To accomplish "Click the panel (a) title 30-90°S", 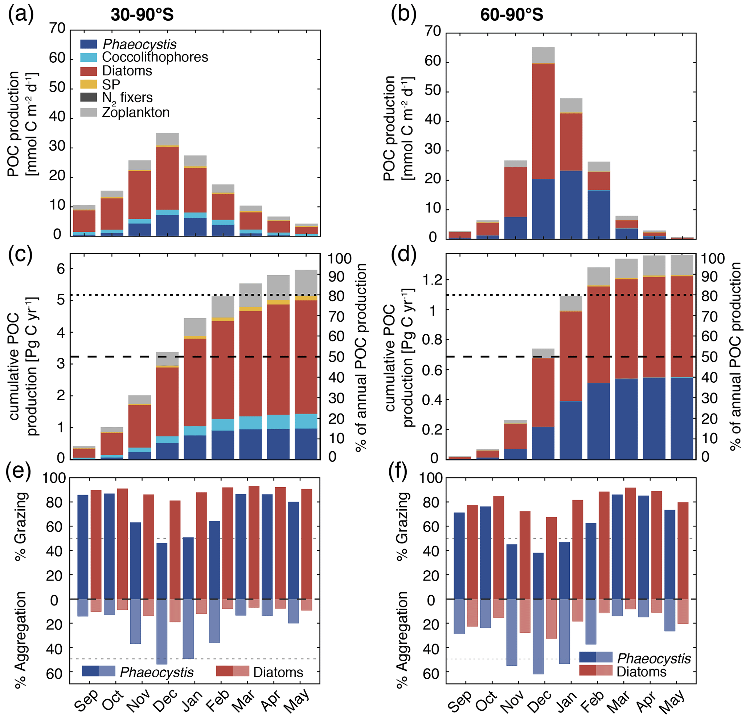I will click(142, 15).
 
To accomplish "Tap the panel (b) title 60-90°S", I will click(511, 15).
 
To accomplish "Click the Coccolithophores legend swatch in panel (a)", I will click(89, 57).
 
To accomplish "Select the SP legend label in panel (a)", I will click(111, 84).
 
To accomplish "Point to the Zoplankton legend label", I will click(135, 112).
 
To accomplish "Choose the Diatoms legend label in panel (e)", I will click(278, 672).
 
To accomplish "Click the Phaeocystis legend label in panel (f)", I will click(654, 658).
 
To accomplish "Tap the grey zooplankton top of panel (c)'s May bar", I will click(306, 282).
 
